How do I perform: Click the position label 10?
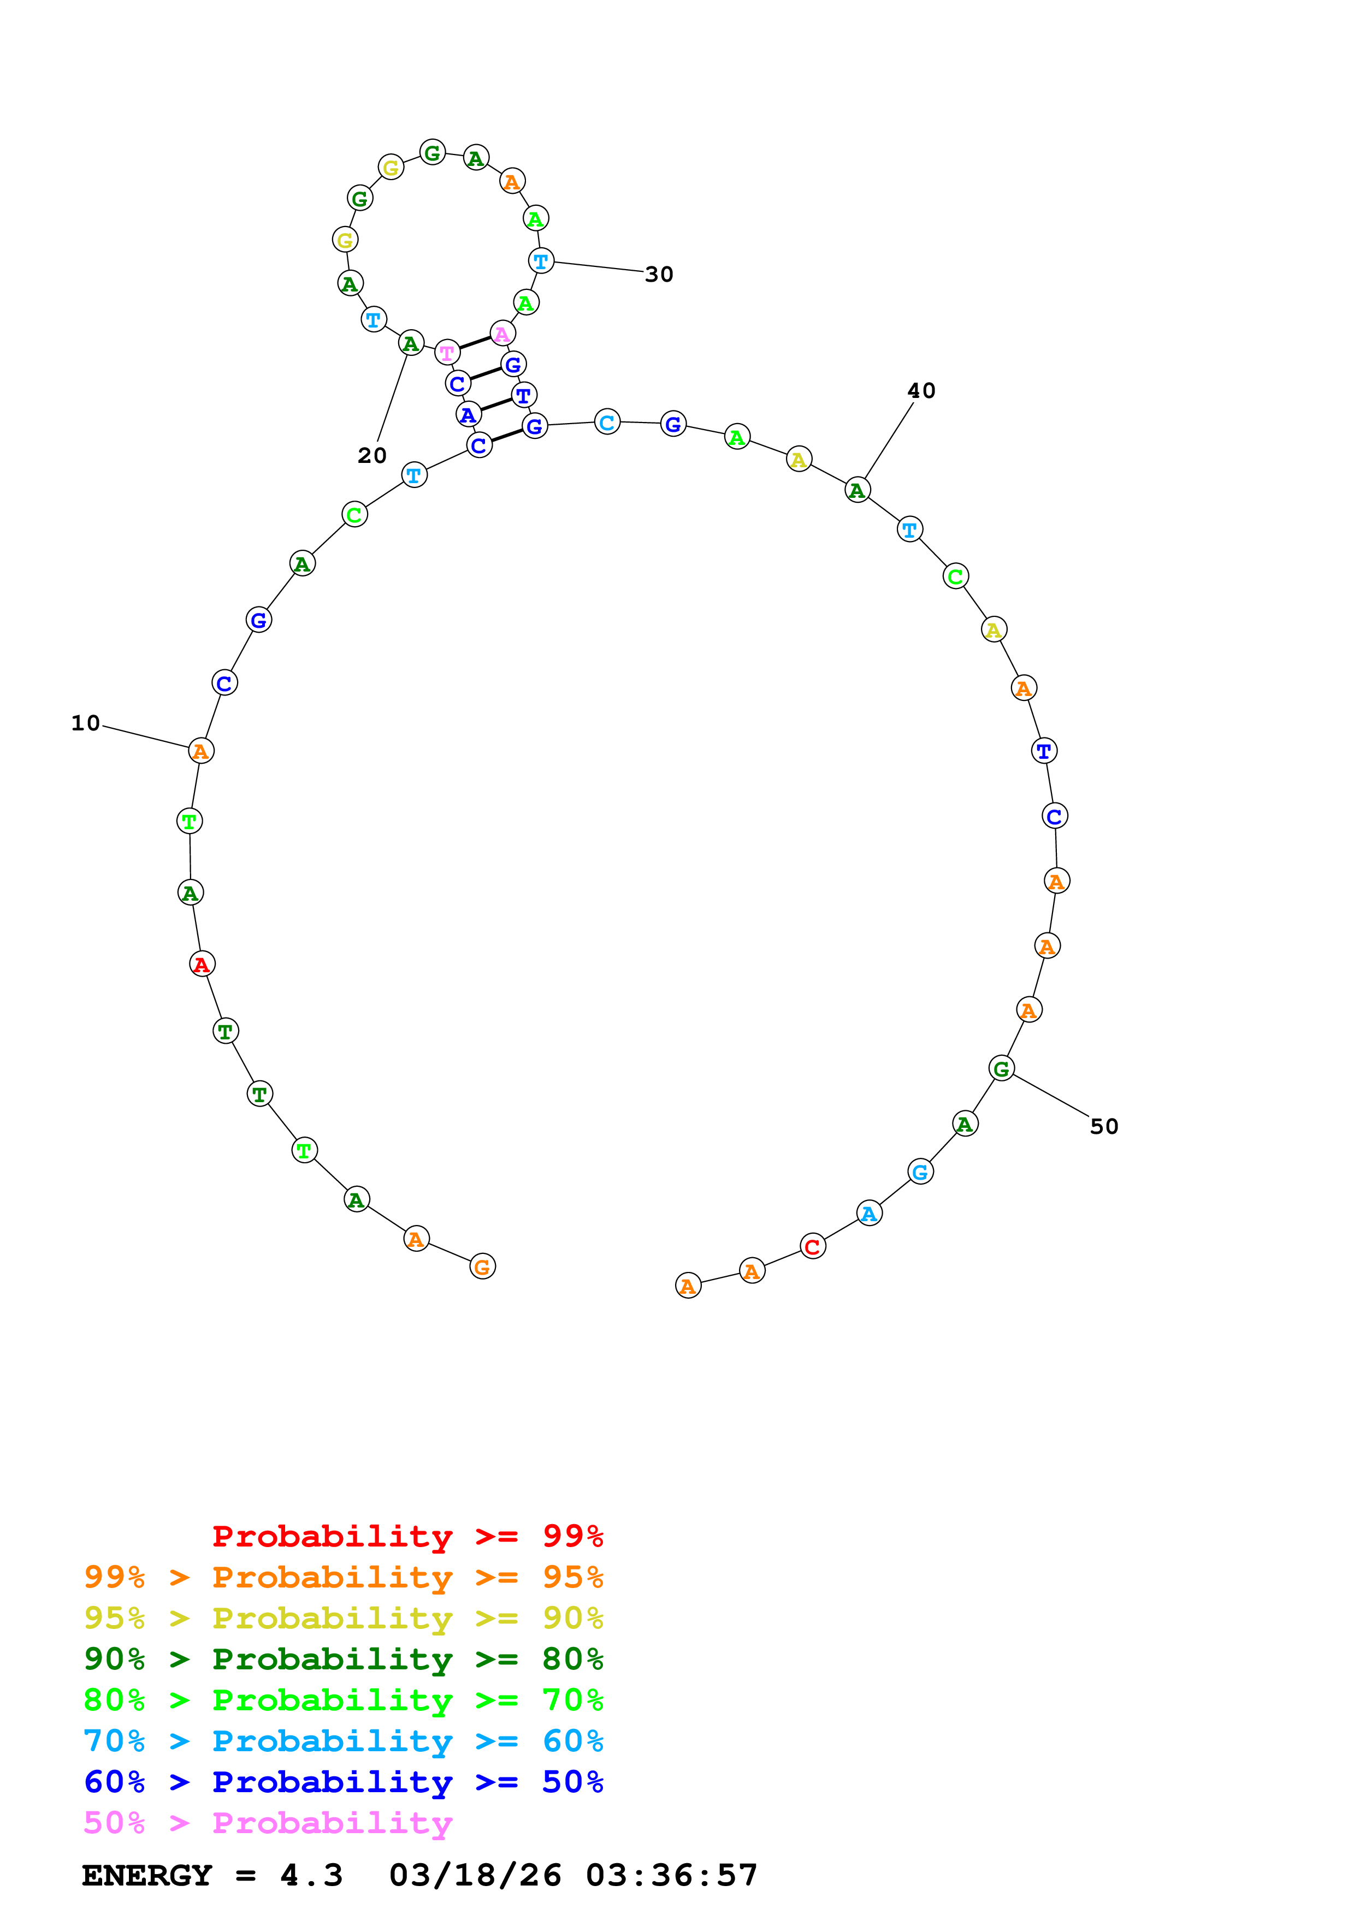pos(85,723)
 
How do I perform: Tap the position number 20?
pos(372,455)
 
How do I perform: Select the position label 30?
pos(659,275)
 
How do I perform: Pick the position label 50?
pos(1104,1126)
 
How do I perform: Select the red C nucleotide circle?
pos(813,1247)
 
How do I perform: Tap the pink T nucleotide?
pos(447,353)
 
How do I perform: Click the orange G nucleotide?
pos(482,1267)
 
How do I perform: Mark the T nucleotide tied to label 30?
pos(541,261)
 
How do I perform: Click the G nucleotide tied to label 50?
pos(1001,1068)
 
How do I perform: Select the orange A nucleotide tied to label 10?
pos(201,751)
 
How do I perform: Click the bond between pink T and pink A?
pos(475,343)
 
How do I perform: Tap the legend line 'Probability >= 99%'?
pos(407,1536)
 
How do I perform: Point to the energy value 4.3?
pos(311,1875)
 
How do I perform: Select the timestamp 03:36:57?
pos(672,1875)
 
